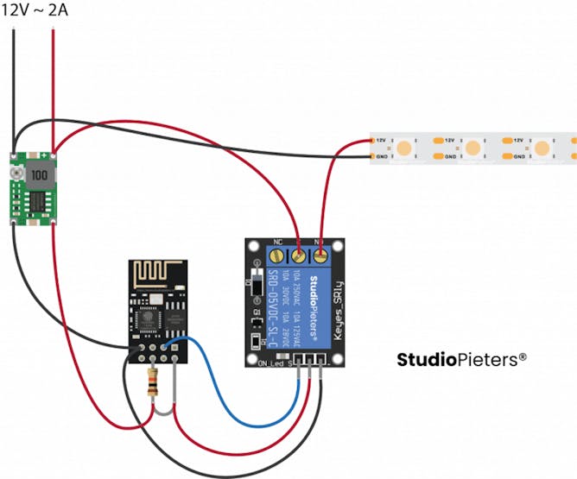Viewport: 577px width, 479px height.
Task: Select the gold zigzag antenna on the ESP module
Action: click(155, 274)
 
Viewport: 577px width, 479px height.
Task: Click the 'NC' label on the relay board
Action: click(277, 243)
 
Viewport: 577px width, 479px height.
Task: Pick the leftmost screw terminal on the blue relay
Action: click(299, 255)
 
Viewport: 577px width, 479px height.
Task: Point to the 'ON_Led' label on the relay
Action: click(271, 362)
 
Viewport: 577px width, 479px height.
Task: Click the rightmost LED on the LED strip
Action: click(542, 148)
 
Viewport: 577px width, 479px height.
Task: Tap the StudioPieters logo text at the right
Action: click(461, 359)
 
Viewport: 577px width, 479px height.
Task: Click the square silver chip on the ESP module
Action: click(148, 320)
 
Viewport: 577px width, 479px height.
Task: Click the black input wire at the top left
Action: click(15, 86)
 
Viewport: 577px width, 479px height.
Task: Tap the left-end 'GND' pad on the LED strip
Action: click(381, 157)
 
